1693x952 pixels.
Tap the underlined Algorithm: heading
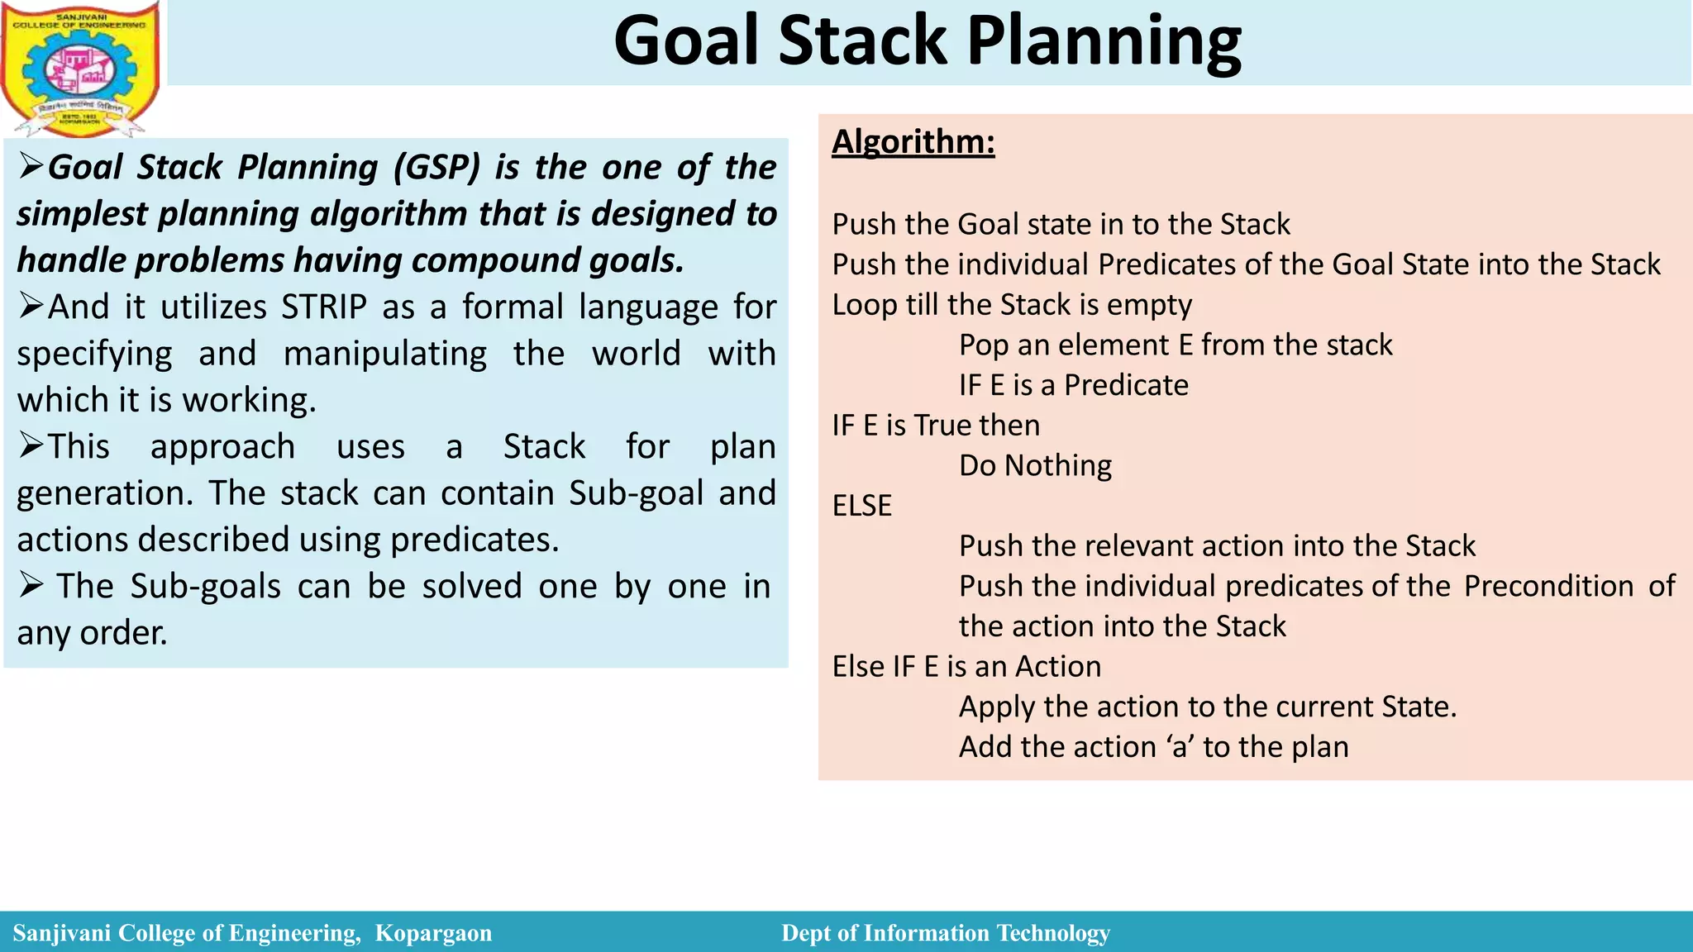point(913,141)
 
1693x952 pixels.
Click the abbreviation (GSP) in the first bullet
point(436,167)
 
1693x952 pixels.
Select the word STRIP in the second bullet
point(324,307)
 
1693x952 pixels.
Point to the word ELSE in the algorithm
point(861,505)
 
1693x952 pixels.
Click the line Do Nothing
point(1035,465)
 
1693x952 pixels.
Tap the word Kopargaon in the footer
point(433,933)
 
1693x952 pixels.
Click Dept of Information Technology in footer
point(945,933)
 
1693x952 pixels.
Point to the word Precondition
point(1548,586)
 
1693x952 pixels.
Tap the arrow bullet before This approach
point(31,446)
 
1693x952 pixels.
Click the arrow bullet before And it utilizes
point(31,307)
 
